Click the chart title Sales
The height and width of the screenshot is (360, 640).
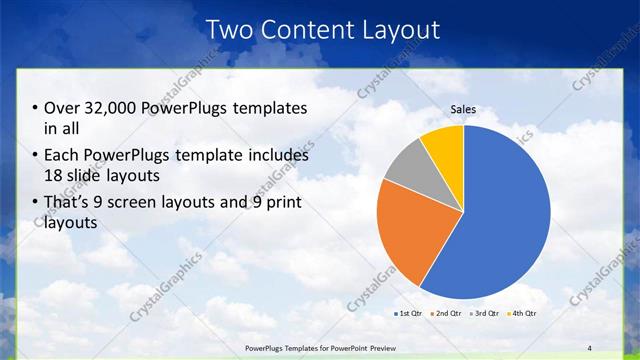[463, 110]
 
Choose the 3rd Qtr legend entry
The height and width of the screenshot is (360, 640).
[486, 314]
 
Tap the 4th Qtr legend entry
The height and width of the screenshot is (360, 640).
[524, 314]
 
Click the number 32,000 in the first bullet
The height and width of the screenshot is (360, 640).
[108, 108]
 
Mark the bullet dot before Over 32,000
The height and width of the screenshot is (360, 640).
[36, 108]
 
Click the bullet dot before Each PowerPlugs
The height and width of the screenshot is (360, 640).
[36, 156]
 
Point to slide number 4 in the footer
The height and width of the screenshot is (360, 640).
[590, 347]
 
